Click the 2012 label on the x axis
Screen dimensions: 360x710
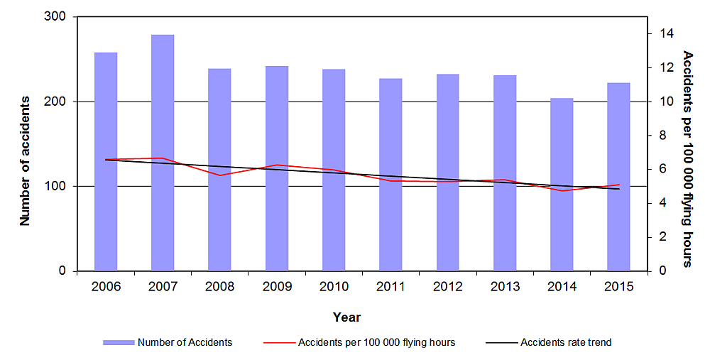point(447,286)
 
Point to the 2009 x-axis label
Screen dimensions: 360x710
point(277,286)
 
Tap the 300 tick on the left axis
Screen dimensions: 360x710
point(58,17)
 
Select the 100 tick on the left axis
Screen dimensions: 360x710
point(58,187)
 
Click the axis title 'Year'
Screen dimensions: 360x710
point(346,317)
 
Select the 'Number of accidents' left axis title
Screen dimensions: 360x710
point(25,160)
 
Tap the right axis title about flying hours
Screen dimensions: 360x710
point(687,158)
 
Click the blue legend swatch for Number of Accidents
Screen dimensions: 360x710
point(118,342)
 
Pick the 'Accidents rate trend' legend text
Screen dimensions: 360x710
point(566,342)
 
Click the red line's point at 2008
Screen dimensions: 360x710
point(219,175)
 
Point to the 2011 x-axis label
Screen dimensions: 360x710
point(390,286)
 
